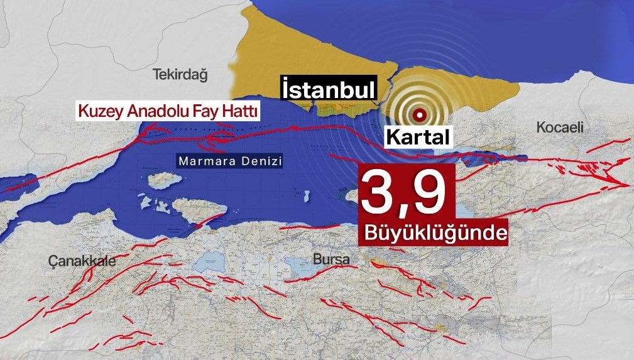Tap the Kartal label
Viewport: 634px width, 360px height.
click(x=417, y=137)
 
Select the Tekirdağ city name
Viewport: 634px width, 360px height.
click(x=180, y=75)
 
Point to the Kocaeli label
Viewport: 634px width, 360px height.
click(x=560, y=128)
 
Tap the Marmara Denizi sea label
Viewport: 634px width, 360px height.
click(x=228, y=161)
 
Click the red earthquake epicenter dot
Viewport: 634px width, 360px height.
click(x=419, y=115)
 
